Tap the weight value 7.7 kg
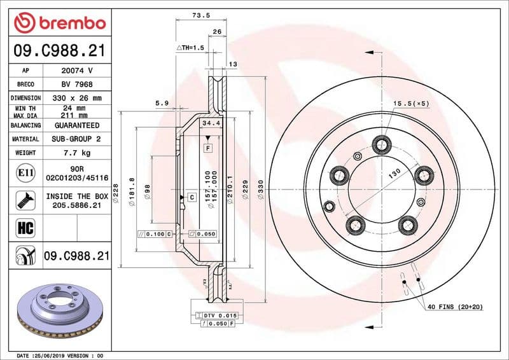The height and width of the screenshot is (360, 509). coord(78,153)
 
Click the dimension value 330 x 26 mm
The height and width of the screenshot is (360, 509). coord(78,98)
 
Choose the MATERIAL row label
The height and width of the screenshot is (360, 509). coord(26,139)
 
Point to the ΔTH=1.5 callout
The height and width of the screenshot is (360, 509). coord(189,48)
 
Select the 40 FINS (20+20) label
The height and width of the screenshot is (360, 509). coord(456,307)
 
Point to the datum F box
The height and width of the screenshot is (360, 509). coord(207,148)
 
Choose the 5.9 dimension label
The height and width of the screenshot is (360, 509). coord(162,103)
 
